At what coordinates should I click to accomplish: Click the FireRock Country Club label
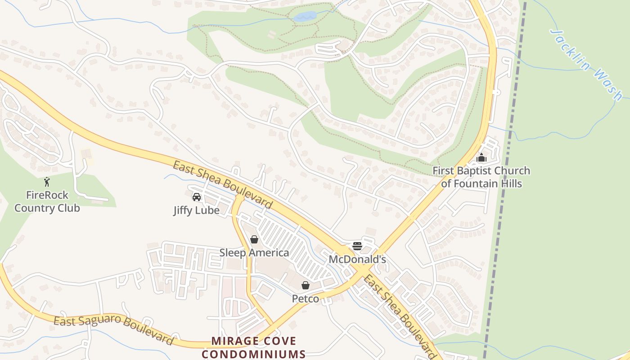[47, 202]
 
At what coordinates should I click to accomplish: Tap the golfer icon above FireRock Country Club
[47, 182]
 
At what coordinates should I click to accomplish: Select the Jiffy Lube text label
[196, 210]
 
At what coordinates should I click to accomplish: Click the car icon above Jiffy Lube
[197, 197]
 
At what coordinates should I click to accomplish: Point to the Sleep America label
[254, 252]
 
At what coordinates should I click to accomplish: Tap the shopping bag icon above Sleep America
[254, 239]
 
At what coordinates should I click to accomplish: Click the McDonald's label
[357, 259]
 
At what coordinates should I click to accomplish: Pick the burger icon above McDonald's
[357, 246]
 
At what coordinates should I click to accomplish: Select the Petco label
[306, 298]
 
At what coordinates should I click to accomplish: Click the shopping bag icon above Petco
[306, 285]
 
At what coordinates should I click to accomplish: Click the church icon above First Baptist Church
[481, 158]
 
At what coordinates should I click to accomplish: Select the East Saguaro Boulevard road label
[113, 330]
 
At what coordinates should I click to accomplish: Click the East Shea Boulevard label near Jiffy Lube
[223, 185]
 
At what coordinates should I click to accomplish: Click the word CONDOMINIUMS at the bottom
[253, 354]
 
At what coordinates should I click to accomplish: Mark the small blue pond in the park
[305, 17]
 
